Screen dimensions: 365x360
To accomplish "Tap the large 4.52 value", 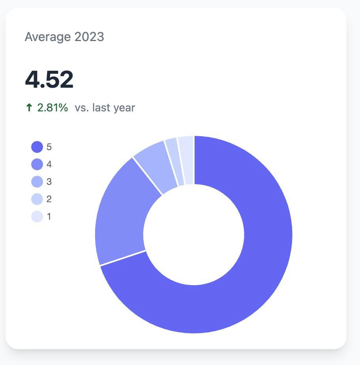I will pyautogui.click(x=49, y=80).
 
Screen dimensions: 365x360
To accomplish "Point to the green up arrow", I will pyautogui.click(x=29, y=108).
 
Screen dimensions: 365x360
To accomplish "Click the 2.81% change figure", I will pyautogui.click(x=52, y=107).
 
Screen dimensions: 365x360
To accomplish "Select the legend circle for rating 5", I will pyautogui.click(x=37, y=147).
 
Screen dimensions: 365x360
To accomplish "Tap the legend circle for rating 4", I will pyautogui.click(x=37, y=164).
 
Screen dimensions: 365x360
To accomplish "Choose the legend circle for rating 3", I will pyautogui.click(x=37, y=182).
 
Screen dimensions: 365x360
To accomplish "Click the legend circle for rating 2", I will pyautogui.click(x=37, y=199).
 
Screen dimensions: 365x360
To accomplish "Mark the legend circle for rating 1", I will pyautogui.click(x=37, y=216).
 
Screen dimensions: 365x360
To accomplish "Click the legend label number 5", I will pyautogui.click(x=49, y=147).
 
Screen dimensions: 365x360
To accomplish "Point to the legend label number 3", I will pyautogui.click(x=49, y=182).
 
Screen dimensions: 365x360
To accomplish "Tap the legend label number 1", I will pyautogui.click(x=49, y=216).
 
